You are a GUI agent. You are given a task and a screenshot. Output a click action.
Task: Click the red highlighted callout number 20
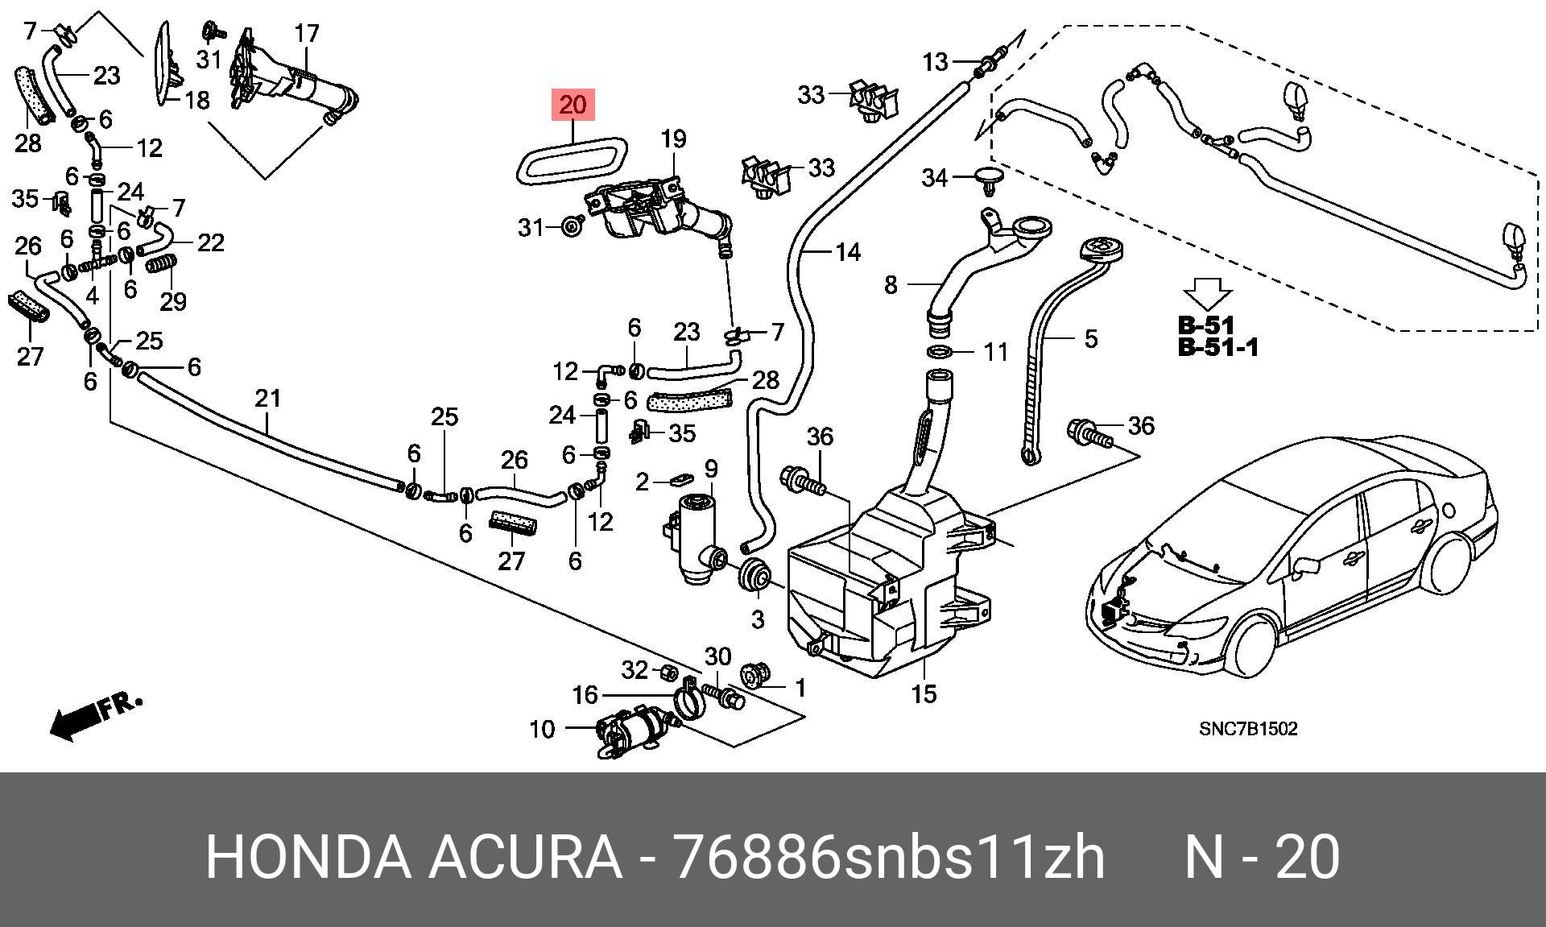[573, 105]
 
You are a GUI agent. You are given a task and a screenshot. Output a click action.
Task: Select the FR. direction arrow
[96, 715]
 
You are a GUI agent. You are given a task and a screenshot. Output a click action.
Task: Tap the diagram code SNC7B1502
[1248, 729]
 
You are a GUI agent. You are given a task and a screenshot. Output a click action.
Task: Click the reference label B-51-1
[1217, 348]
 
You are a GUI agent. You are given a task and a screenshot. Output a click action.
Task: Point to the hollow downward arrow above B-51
[1206, 294]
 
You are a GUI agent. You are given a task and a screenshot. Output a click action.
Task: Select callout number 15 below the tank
[924, 693]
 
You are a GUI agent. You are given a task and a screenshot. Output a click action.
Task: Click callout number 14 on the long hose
[848, 253]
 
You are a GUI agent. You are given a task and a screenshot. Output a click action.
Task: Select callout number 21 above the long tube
[268, 398]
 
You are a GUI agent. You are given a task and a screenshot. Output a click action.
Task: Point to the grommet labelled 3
[755, 575]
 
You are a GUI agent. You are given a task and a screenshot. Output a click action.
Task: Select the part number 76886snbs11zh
[888, 857]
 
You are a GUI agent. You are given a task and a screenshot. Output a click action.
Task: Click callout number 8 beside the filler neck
[891, 285]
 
